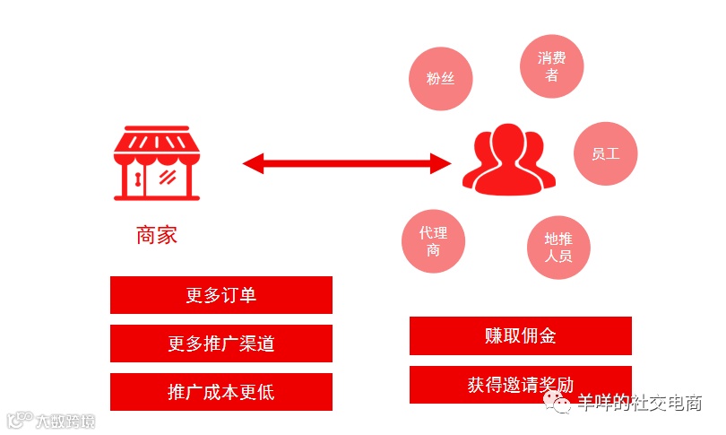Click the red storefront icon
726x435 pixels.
point(157,164)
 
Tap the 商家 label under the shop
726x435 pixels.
point(157,235)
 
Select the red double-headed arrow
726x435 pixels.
point(347,163)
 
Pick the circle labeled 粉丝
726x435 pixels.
point(440,78)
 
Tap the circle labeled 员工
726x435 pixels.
point(606,153)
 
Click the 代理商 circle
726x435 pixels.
point(434,241)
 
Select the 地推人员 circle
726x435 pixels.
point(558,248)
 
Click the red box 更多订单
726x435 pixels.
point(221,295)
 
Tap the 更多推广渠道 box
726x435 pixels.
point(221,344)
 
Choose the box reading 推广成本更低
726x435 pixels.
point(221,392)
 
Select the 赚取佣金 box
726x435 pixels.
point(520,335)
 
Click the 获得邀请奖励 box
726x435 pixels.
point(520,385)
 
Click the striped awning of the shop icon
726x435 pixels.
point(157,143)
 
